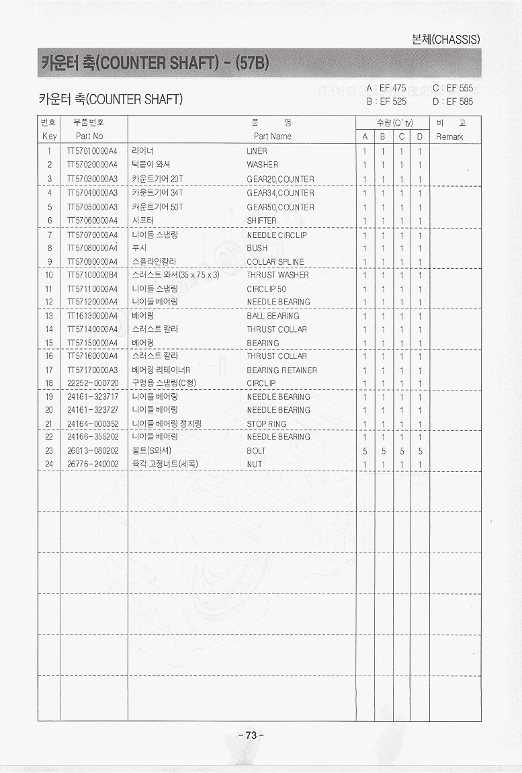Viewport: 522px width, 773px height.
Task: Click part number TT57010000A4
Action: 93,151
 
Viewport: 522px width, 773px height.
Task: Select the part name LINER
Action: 257,151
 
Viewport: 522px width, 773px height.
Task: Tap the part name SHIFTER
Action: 261,220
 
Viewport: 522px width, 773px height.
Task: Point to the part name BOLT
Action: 256,451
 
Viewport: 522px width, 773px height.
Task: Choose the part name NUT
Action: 254,464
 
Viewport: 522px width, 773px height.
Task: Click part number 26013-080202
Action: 93,451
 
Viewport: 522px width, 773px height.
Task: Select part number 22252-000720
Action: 93,383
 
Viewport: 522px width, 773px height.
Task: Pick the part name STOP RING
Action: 266,424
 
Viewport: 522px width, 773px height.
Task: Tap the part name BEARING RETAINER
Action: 281,370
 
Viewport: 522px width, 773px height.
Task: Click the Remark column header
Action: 449,136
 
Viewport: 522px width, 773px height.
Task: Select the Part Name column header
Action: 272,136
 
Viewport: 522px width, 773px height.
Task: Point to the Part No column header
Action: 89,136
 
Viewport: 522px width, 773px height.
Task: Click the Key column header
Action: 49,136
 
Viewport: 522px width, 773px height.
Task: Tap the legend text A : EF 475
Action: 386,88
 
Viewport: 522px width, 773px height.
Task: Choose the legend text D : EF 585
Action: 453,102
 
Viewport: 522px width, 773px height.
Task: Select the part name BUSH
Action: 257,248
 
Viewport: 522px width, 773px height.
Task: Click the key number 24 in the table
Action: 49,464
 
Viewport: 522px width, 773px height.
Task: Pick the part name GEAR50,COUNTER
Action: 280,207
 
